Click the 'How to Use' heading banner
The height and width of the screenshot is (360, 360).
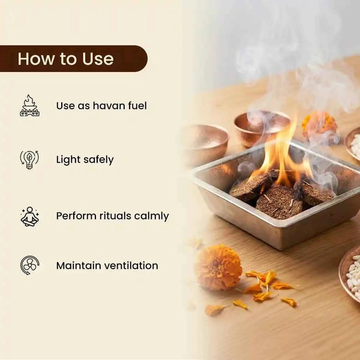point(73,59)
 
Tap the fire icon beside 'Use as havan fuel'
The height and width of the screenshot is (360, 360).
point(29,106)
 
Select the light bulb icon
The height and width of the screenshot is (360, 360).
point(29,160)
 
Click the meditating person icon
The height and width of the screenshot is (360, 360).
point(29,216)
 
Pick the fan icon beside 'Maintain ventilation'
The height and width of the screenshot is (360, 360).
point(29,265)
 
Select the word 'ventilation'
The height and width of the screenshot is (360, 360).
point(131,266)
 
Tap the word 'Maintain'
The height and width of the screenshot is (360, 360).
point(79,266)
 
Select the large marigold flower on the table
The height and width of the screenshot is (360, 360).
point(219,267)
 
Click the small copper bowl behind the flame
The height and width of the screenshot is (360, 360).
point(262,128)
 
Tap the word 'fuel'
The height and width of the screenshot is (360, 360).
point(137,106)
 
